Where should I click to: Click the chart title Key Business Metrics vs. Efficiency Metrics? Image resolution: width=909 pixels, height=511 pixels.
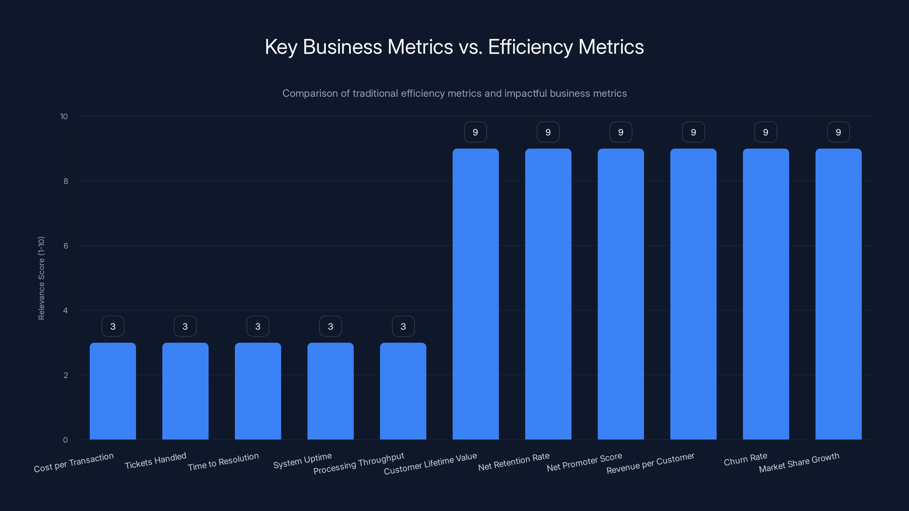[454, 47]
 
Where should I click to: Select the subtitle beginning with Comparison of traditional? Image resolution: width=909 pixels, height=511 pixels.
[454, 93]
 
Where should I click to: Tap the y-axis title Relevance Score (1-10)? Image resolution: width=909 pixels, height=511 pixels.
[41, 278]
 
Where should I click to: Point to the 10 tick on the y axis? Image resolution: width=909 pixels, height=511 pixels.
[64, 117]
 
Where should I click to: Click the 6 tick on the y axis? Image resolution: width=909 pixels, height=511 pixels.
[66, 246]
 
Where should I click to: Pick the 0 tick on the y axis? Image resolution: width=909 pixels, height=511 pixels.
[65, 440]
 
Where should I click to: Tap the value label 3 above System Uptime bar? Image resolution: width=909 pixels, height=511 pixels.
[330, 326]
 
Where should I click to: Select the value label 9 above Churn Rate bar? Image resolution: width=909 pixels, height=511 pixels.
[766, 132]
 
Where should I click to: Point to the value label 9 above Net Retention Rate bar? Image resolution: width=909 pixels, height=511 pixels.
[548, 132]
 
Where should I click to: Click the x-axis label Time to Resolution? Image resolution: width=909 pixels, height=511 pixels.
[223, 462]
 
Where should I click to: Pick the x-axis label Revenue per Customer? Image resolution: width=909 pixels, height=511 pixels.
[650, 463]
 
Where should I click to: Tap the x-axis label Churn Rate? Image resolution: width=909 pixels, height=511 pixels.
[745, 459]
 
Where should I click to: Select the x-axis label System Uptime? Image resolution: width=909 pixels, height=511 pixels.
[303, 460]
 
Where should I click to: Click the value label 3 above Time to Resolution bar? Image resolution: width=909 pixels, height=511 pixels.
[258, 326]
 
